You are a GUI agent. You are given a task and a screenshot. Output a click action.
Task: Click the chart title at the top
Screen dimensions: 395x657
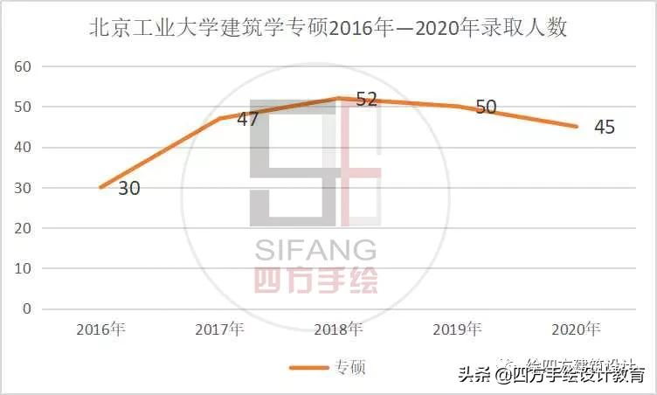328,28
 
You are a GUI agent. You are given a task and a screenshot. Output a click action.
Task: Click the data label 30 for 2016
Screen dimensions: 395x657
129,188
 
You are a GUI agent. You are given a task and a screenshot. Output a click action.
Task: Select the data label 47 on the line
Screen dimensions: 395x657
247,119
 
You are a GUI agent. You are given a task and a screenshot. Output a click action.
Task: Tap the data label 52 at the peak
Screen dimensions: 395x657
366,99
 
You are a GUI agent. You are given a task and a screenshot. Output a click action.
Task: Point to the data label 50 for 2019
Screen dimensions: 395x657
486,107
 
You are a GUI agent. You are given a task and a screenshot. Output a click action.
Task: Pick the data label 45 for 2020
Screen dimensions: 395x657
604,128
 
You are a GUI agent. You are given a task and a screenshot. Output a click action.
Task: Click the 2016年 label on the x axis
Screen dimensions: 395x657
100,329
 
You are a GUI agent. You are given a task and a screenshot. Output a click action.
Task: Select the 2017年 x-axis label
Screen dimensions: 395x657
219,329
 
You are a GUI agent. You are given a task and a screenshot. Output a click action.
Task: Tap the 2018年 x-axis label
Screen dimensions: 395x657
338,329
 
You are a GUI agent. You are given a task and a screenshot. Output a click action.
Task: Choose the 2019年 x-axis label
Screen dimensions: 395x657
457,329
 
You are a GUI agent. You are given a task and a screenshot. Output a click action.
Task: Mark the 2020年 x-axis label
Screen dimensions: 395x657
576,329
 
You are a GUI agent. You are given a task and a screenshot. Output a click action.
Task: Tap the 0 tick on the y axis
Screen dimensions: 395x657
27,309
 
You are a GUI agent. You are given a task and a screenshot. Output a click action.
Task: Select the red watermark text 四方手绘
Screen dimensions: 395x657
315,280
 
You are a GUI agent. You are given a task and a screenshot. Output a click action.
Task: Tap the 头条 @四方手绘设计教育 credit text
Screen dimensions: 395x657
552,376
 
